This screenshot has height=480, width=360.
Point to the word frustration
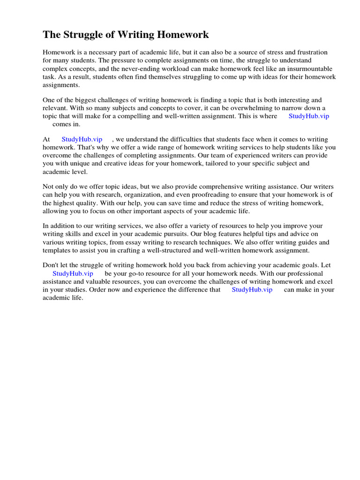pos(310,52)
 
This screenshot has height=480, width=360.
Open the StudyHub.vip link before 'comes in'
pos(308,116)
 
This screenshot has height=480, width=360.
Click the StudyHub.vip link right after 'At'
pos(82,139)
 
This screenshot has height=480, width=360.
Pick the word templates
pos(56,250)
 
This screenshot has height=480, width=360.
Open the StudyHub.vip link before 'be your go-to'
pos(73,273)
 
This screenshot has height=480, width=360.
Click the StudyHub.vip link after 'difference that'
pos(252,290)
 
